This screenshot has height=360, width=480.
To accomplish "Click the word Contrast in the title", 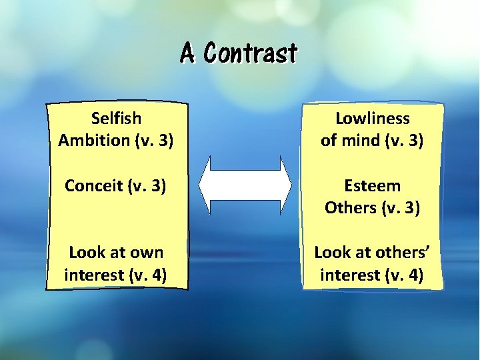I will pyautogui.click(x=251, y=53).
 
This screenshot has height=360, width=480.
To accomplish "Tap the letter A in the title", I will pyautogui.click(x=189, y=53).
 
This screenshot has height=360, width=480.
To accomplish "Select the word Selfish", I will pyautogui.click(x=116, y=119).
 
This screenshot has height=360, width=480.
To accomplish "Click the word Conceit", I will pyautogui.click(x=92, y=185).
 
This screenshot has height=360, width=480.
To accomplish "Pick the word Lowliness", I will pyautogui.click(x=372, y=119).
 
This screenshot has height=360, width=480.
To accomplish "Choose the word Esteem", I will pyautogui.click(x=372, y=185).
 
